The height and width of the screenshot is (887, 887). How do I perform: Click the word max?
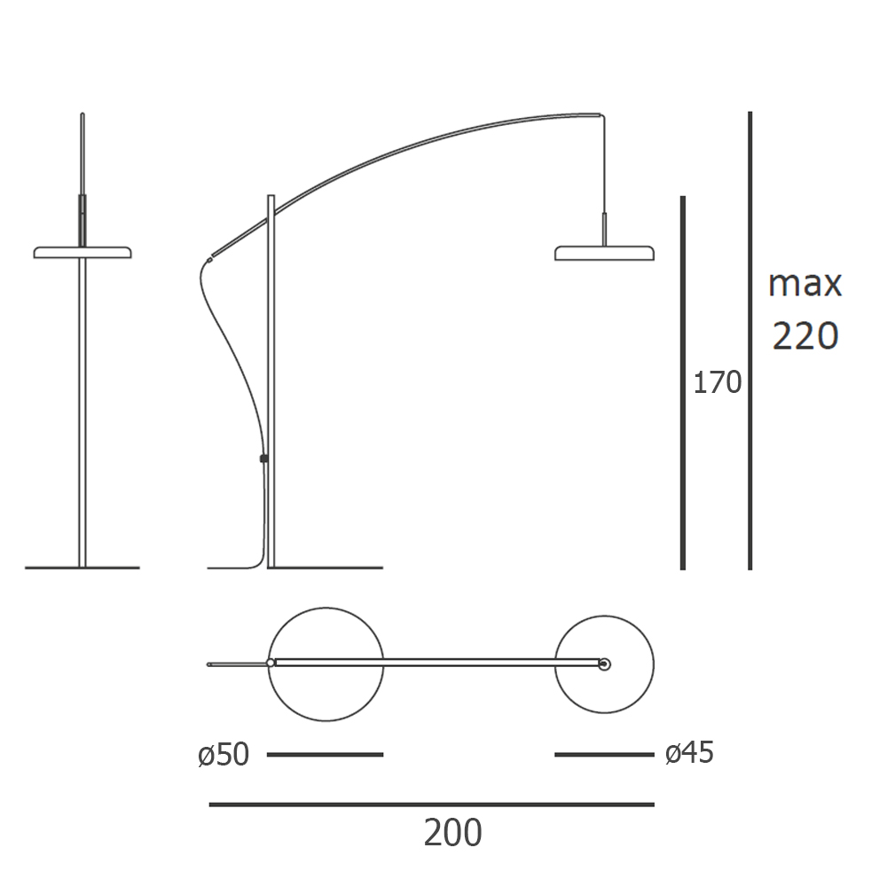coord(805,284)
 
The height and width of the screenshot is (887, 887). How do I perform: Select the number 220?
coord(805,336)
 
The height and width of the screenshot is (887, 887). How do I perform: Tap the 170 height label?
coord(718,383)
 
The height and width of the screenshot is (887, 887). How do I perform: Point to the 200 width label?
coord(452,833)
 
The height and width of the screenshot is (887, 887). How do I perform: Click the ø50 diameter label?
coord(224,755)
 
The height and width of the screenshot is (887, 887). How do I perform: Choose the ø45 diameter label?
coord(689,753)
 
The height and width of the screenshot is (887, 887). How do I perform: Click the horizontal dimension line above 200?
coord(432,805)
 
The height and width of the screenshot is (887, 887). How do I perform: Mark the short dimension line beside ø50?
coord(326,755)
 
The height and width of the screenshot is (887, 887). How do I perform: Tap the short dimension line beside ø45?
coord(604,755)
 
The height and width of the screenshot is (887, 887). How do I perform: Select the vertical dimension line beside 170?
coord(683,382)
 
